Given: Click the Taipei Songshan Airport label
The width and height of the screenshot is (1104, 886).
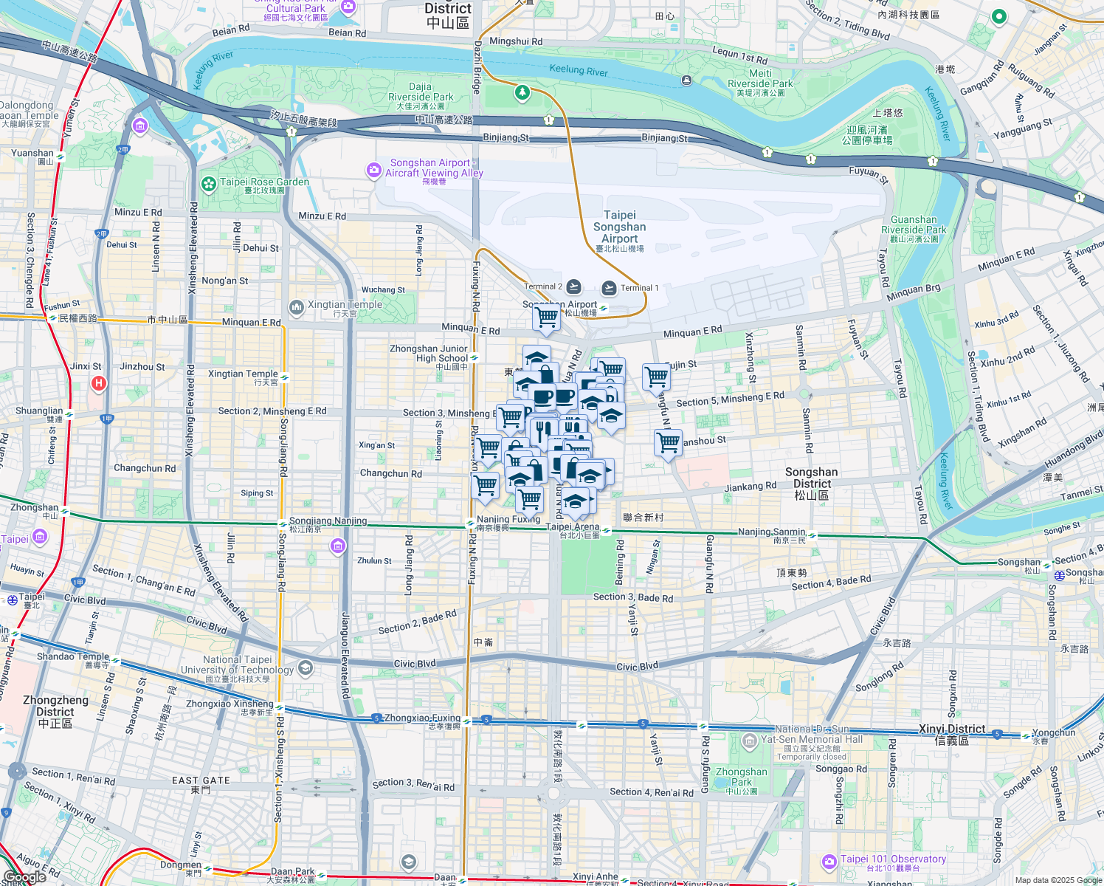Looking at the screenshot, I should click(619, 227).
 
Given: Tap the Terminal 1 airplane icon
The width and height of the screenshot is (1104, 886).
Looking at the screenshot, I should click(609, 287).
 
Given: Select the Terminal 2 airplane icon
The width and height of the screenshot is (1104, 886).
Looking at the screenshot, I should click(573, 287).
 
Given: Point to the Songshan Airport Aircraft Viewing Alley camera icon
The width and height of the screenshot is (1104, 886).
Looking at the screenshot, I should click(373, 171).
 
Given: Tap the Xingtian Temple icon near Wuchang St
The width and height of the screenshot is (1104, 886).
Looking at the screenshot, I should click(296, 306).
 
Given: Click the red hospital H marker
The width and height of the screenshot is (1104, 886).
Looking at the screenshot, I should click(98, 383).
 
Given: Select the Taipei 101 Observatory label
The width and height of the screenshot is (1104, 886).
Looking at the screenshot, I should click(893, 859).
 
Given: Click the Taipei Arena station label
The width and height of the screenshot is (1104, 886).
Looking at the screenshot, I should click(573, 526).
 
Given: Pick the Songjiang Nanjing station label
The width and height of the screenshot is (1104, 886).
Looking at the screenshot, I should click(328, 521).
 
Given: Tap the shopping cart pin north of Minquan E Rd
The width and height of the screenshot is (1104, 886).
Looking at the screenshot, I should click(546, 318).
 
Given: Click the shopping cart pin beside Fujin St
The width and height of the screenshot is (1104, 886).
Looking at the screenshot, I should click(656, 377).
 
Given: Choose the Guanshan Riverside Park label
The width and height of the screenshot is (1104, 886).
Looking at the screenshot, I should click(914, 224).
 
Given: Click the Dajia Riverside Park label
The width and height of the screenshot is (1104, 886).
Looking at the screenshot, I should click(421, 92).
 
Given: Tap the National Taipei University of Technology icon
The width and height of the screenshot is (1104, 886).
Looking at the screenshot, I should click(306, 668).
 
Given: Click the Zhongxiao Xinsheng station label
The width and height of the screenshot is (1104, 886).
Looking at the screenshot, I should click(230, 704).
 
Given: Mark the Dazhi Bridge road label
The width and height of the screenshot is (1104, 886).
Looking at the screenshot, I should click(477, 67).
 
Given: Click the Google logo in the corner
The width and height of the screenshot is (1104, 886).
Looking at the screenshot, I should click(24, 877).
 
